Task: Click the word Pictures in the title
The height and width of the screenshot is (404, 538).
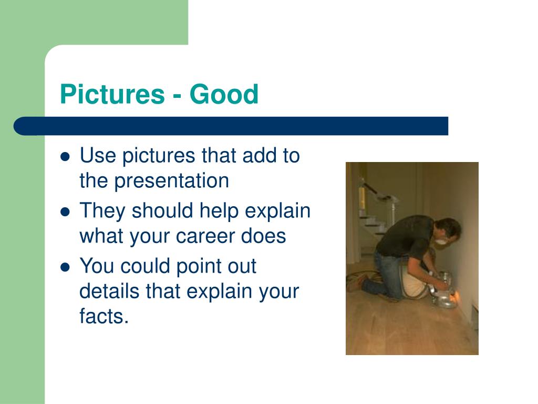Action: point(112,94)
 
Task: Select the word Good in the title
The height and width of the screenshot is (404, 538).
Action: point(224,94)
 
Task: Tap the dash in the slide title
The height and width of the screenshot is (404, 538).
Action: point(177,97)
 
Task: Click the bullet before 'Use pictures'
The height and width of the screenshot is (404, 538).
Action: point(65,157)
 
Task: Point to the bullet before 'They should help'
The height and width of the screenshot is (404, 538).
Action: point(65,212)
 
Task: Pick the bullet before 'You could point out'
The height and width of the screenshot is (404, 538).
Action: point(65,267)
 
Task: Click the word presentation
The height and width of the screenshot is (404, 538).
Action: point(171,181)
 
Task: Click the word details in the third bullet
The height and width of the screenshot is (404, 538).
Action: point(110,291)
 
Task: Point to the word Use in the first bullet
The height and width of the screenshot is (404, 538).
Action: point(97,155)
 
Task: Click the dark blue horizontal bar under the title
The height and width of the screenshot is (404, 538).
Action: point(231,126)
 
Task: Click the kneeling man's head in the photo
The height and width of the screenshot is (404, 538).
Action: point(447,230)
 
